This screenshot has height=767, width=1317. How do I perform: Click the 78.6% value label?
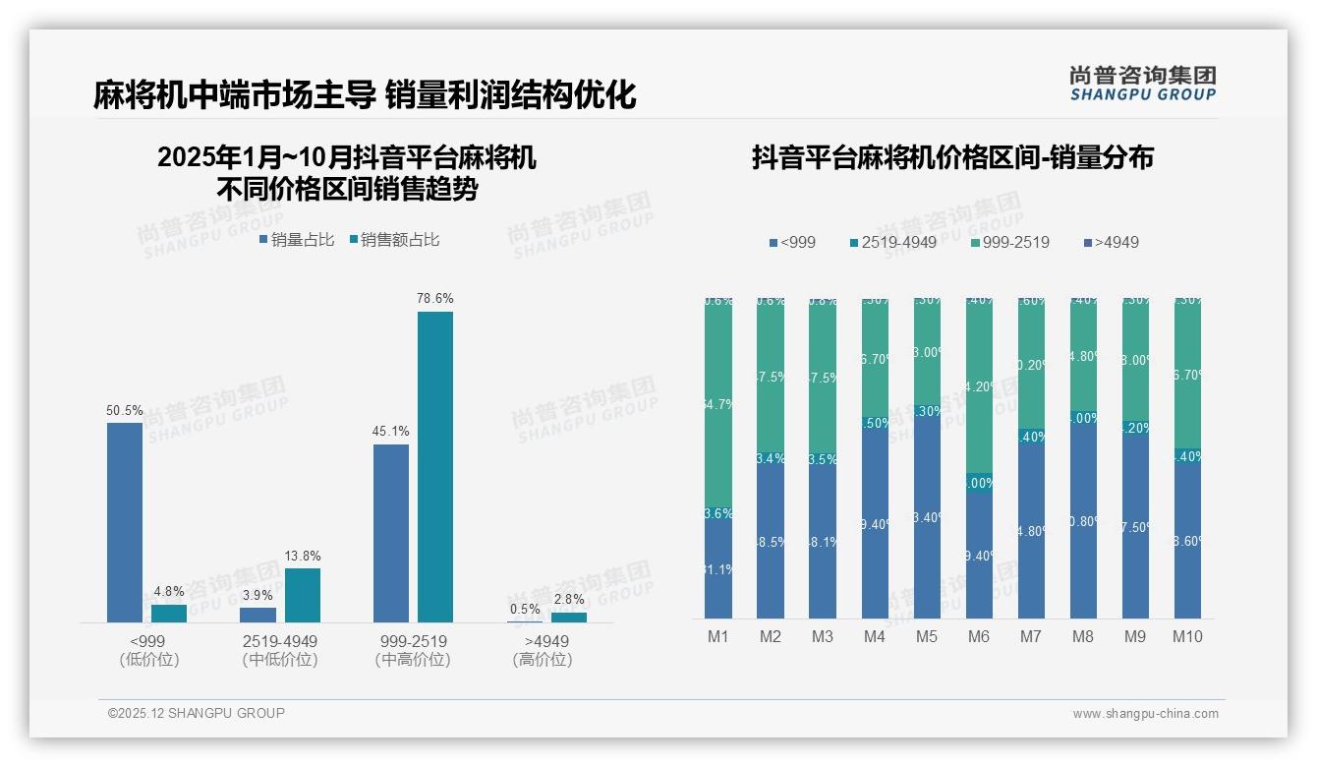pos(434,298)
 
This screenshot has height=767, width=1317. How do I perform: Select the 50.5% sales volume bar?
pos(125,522)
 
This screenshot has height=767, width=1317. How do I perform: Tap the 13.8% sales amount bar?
pos(303,595)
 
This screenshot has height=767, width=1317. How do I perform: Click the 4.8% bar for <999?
pos(169,613)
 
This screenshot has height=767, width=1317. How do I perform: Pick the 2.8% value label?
pos(568,599)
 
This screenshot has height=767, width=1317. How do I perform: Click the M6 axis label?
pos(978,636)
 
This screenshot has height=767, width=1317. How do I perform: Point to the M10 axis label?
pos(1187,636)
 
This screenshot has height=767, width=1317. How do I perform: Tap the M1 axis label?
pos(718,636)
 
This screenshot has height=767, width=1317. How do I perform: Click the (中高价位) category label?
pos(412,660)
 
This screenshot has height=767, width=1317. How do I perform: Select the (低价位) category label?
pos(147,660)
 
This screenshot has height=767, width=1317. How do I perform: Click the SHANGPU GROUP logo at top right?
pos(1142,83)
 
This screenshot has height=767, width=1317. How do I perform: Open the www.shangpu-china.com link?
pos(1145,714)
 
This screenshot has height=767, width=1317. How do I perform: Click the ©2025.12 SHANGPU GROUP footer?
pos(197,713)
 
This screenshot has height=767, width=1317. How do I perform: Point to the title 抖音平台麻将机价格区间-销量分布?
pos(952,158)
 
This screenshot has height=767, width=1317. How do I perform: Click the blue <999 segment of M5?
pos(926,521)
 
